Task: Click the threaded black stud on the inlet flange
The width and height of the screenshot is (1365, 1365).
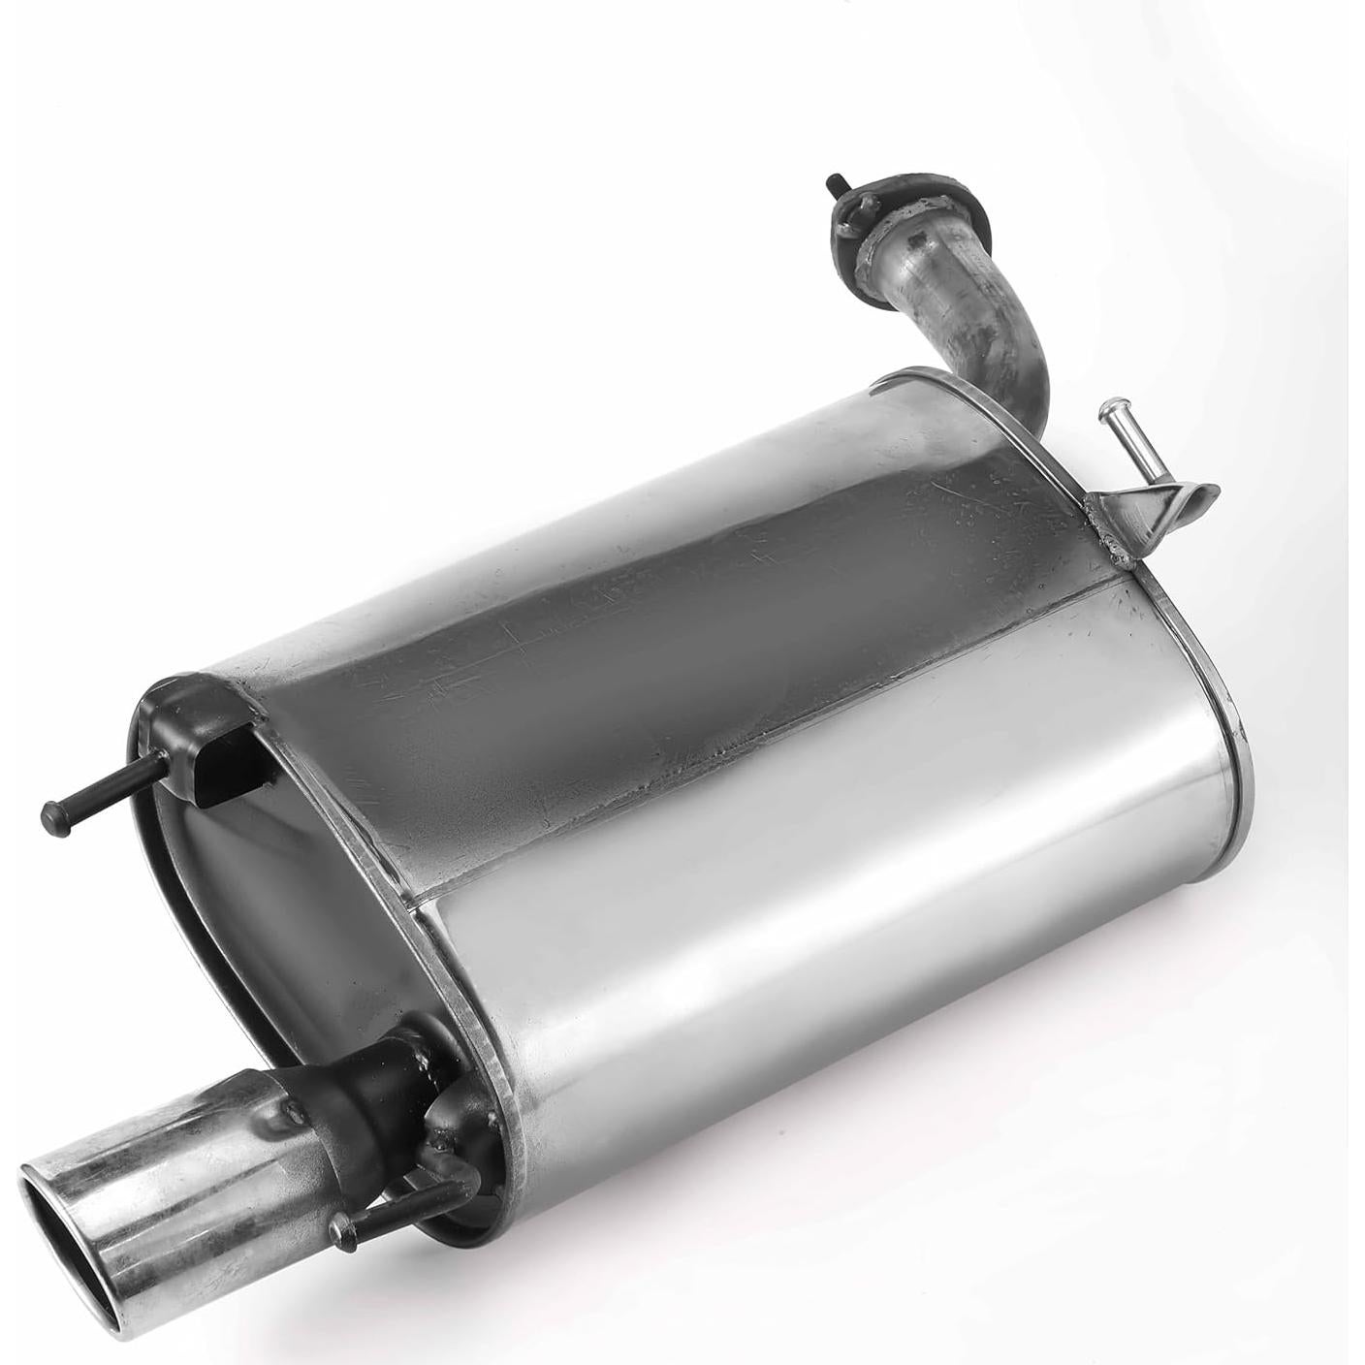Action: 836,183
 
